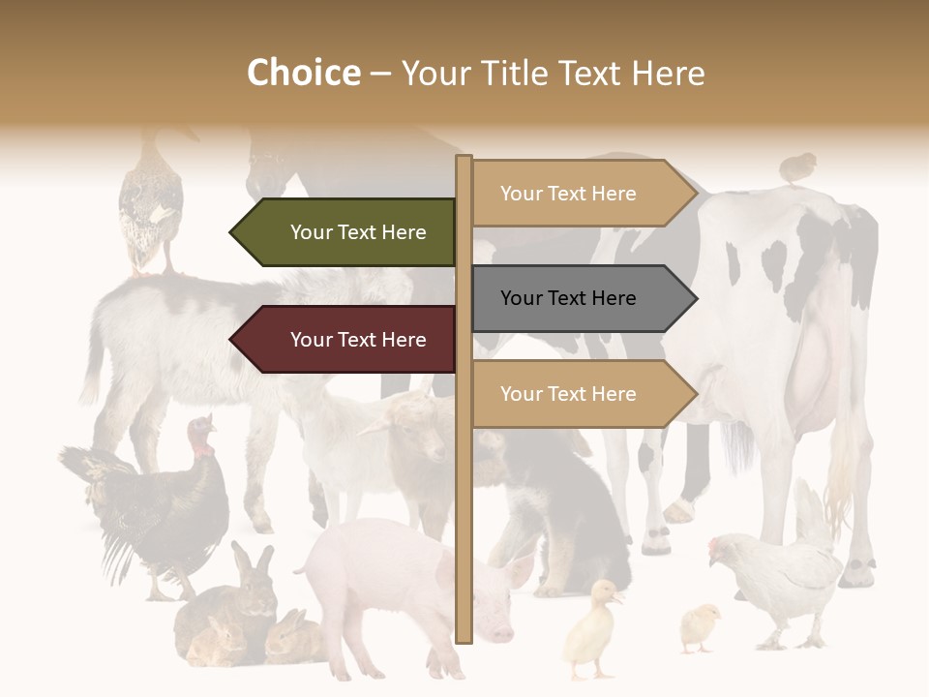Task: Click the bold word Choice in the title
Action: pyautogui.click(x=303, y=73)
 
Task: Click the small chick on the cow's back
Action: pyautogui.click(x=798, y=167)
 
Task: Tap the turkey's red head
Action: pyautogui.click(x=201, y=438)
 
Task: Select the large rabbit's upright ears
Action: pyautogui.click(x=250, y=560)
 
